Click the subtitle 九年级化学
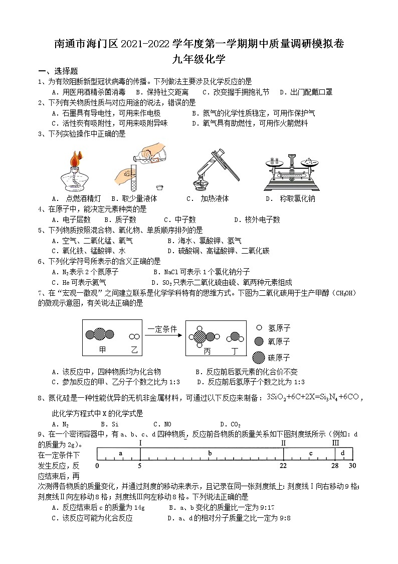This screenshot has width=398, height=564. tap(198, 60)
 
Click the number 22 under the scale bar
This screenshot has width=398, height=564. tap(283, 466)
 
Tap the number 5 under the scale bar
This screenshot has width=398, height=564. tap(140, 466)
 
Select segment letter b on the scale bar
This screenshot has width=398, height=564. tap(210, 454)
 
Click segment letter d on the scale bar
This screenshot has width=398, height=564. tap(343, 454)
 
